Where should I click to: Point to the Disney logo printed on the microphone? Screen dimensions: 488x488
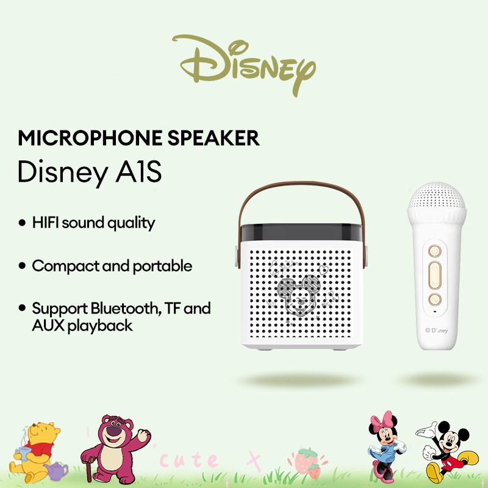coord(436,331)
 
